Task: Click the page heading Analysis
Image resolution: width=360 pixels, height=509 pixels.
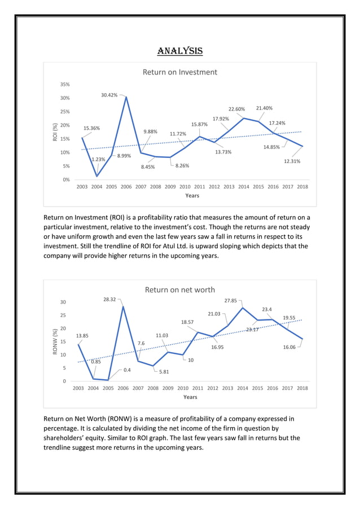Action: pyautogui.click(x=179, y=51)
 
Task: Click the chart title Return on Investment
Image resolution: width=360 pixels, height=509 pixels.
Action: pyautogui.click(x=179, y=72)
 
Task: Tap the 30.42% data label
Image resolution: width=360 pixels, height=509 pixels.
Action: pyautogui.click(x=109, y=95)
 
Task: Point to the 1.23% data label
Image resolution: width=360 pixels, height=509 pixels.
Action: pyautogui.click(x=98, y=160)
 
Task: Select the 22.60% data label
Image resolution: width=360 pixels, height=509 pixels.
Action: pyautogui.click(x=236, y=109)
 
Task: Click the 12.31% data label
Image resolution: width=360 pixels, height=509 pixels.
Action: pyautogui.click(x=292, y=161)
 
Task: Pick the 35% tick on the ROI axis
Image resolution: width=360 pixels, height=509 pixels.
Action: pyautogui.click(x=65, y=85)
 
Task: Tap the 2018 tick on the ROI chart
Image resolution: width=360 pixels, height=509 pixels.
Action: pyautogui.click(x=302, y=186)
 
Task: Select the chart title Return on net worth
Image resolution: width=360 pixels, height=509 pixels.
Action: pyautogui.click(x=179, y=289)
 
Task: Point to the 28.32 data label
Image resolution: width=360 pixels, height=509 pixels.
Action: pyautogui.click(x=109, y=300)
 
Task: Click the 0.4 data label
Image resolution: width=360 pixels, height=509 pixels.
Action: pyautogui.click(x=127, y=370)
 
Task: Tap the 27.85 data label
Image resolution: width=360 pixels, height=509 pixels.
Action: pyautogui.click(x=231, y=301)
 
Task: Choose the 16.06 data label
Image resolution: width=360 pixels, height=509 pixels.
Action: pyautogui.click(x=289, y=348)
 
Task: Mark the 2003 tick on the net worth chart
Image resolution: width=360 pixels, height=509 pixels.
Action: pyautogui.click(x=79, y=388)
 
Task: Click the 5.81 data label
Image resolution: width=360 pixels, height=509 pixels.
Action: pyautogui.click(x=164, y=372)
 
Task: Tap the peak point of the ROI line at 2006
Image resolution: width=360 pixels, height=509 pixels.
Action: pyautogui.click(x=126, y=96)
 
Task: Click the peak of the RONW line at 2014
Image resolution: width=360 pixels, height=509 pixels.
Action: pyautogui.click(x=243, y=308)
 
